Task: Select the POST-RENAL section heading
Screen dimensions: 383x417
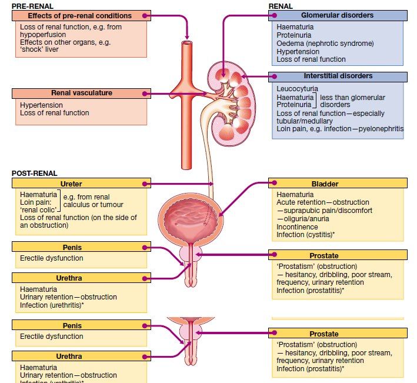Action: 35,174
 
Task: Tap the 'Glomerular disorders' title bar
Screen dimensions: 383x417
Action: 337,15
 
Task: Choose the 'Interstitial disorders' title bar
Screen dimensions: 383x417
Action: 338,76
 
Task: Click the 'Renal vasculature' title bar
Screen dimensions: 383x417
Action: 81,93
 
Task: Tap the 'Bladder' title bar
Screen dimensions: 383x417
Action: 337,184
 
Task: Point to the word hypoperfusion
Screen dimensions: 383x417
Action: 42,35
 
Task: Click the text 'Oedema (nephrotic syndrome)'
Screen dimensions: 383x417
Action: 325,44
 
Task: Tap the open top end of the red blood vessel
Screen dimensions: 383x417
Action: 186,44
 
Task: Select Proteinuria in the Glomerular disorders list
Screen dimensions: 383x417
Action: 295,35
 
